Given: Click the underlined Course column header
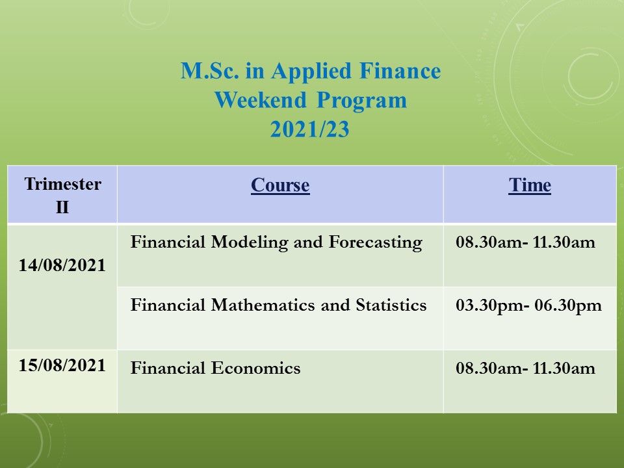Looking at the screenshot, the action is [280, 185].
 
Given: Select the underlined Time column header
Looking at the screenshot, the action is [530, 185].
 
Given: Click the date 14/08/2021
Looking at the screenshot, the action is [62, 265].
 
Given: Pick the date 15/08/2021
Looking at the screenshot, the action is [62, 365].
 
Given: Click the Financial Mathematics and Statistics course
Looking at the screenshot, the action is [279, 305].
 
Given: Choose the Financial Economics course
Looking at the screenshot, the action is [215, 368].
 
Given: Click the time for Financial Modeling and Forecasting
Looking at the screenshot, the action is [525, 242].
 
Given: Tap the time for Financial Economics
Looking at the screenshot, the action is [525, 368].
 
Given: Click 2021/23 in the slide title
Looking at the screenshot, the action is [309, 129].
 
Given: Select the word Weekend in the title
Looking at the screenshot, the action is [261, 100].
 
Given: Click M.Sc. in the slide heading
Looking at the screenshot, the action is [210, 71].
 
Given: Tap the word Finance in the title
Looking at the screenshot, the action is [400, 71].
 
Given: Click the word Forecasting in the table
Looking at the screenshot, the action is [376, 243].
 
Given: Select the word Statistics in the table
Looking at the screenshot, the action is [391, 305].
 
